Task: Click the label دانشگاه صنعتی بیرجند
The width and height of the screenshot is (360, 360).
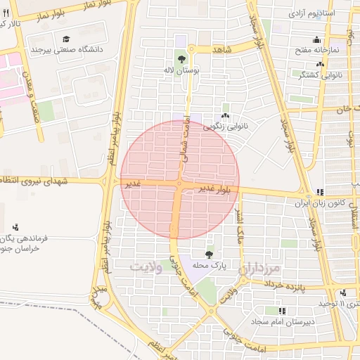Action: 67,51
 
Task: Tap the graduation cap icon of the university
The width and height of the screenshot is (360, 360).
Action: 67,39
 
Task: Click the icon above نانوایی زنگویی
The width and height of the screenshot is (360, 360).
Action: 225,117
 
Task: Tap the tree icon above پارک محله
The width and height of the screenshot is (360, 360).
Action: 209,255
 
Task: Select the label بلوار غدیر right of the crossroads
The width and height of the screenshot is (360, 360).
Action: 214,188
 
